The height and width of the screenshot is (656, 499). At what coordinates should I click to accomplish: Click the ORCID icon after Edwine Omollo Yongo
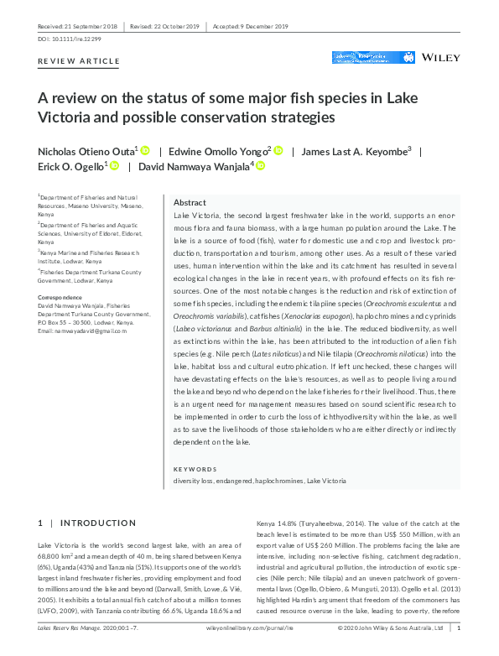coord(278,151)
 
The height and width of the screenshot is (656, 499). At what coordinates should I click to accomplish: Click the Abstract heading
coord(190,204)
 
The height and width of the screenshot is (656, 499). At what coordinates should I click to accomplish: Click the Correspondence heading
coord(60,297)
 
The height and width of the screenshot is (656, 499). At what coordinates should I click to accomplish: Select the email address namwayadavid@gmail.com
coord(82,331)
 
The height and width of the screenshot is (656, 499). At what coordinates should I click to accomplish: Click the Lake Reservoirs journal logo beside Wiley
coord(361,58)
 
